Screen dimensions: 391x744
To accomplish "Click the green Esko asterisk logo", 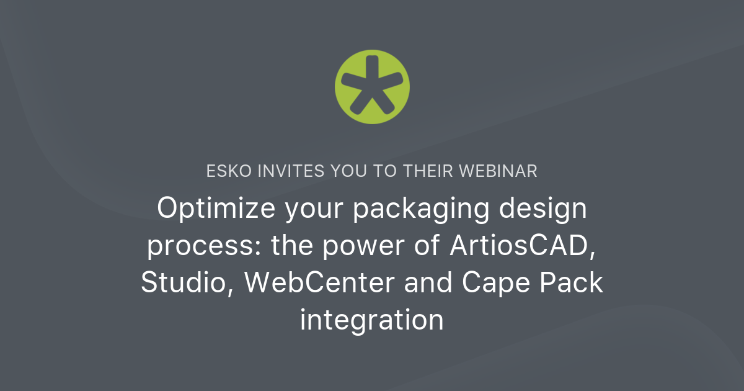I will pyautogui.click(x=372, y=85).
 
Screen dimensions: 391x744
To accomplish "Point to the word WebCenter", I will pyautogui.click(x=319, y=283).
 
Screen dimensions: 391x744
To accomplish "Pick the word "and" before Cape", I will pyautogui.click(x=425, y=283).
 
